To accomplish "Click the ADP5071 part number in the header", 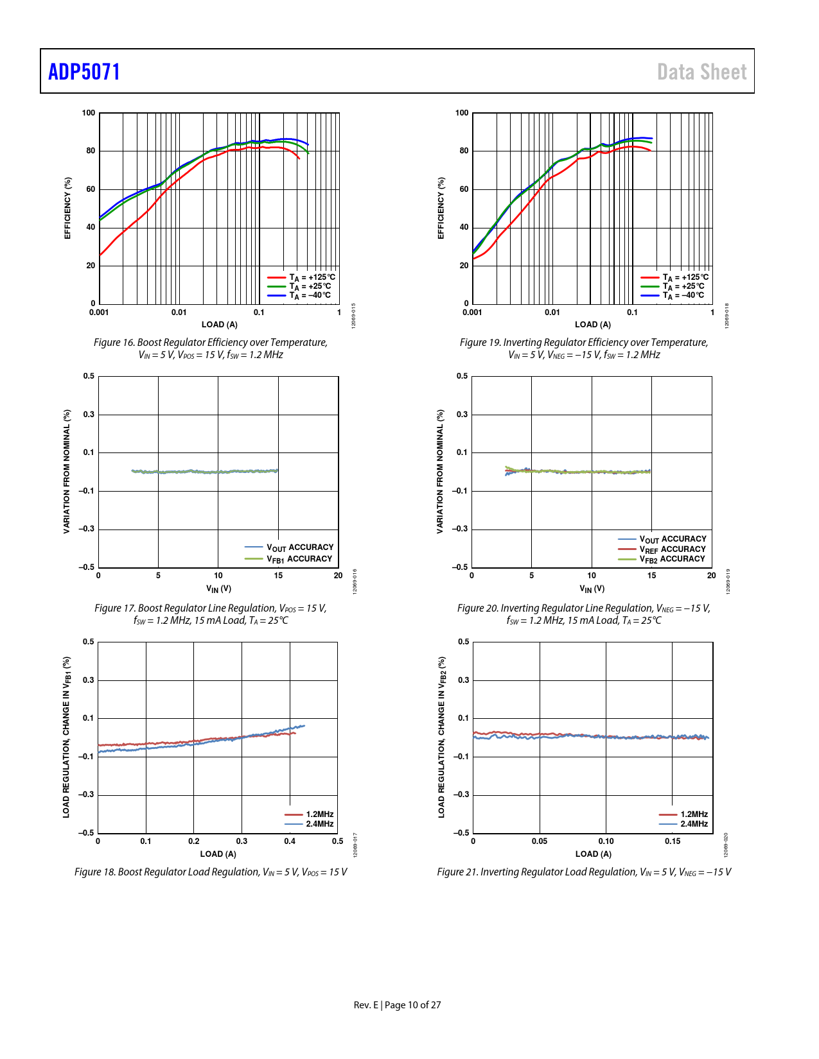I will (x=84, y=72).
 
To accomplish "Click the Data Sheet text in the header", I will (x=701, y=72).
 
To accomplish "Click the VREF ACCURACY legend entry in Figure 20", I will (x=672, y=549).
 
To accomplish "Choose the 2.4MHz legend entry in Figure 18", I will (x=319, y=824).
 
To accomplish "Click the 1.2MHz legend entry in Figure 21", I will (x=694, y=814).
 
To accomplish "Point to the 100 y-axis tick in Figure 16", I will (x=89, y=113).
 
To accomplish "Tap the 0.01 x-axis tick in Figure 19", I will (x=552, y=313).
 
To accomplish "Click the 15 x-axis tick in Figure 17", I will (x=278, y=576).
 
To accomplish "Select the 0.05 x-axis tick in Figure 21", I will (x=540, y=841).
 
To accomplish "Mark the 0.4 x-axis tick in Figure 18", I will (x=290, y=841).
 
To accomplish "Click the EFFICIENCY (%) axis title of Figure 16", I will (x=67, y=208).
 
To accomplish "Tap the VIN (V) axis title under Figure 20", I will (x=592, y=589).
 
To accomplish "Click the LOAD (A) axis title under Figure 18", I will (x=218, y=854).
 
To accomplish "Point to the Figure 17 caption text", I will (x=211, y=614).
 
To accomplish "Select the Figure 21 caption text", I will (x=584, y=872).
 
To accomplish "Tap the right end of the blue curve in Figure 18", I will (x=304, y=726).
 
